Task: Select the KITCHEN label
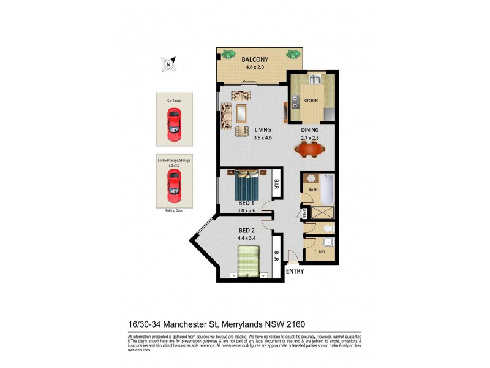[311, 101]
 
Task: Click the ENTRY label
[295, 271]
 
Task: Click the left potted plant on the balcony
[228, 55]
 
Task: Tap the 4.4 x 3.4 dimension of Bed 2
[247, 239]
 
